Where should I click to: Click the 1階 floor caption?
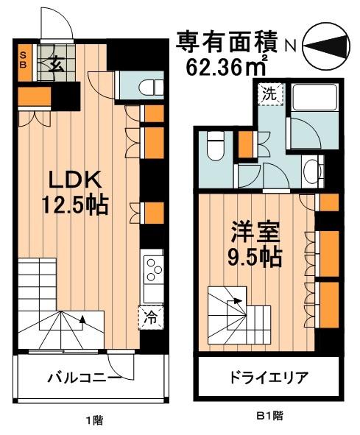[x=93, y=421]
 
